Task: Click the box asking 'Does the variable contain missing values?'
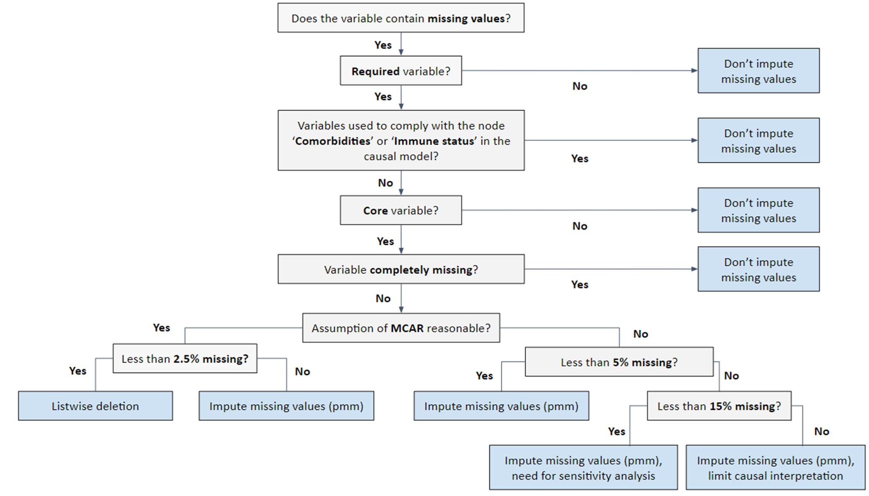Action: point(400,18)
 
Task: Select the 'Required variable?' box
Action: point(400,71)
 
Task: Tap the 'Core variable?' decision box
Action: point(400,210)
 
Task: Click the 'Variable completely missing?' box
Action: point(400,269)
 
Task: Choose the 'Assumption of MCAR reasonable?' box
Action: point(400,328)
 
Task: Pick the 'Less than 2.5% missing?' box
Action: point(184,359)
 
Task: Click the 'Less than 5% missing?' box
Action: point(619,362)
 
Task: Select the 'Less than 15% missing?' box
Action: point(719,406)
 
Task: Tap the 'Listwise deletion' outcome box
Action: point(95,406)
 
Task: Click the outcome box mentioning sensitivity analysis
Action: point(583,468)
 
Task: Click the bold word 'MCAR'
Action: point(407,328)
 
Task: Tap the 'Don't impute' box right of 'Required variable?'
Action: point(758,71)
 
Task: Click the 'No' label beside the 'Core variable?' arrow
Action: point(579,226)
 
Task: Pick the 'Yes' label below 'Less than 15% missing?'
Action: point(616,432)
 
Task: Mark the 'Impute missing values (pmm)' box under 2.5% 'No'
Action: point(286,406)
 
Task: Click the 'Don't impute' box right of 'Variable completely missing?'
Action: point(758,269)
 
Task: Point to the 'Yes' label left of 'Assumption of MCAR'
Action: point(161,328)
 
